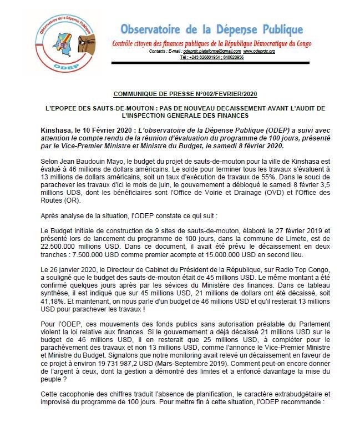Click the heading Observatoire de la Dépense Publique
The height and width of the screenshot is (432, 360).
point(212,29)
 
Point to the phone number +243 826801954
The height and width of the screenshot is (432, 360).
point(202,57)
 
